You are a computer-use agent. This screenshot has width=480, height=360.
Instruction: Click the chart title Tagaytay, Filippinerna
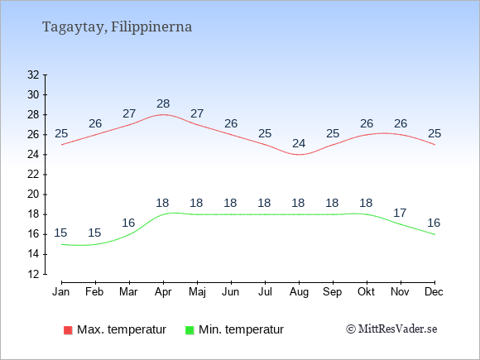(x=117, y=27)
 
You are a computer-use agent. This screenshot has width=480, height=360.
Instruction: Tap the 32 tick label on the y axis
(x=33, y=74)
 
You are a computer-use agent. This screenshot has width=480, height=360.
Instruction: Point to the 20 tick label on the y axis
(x=33, y=194)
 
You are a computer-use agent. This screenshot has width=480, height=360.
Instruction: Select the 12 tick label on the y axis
(x=33, y=274)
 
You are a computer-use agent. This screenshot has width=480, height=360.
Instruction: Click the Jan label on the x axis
(x=61, y=292)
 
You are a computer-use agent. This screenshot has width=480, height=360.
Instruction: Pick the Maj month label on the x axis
(x=197, y=292)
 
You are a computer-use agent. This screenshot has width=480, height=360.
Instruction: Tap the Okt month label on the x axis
(x=366, y=292)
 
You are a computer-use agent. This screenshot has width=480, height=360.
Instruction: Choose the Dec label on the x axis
(x=434, y=292)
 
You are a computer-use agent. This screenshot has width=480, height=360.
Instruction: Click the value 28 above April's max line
(x=163, y=103)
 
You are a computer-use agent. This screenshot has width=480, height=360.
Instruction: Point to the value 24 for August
(x=299, y=143)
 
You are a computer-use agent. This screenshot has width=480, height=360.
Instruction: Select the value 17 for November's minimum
(x=400, y=213)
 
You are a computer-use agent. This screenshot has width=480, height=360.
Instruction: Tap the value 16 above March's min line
(x=128, y=223)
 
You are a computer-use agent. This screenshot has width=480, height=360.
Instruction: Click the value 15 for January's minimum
(x=60, y=233)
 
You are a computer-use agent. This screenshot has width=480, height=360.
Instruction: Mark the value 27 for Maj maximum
(x=197, y=114)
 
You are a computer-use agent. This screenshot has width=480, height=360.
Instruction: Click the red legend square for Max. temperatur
(x=68, y=330)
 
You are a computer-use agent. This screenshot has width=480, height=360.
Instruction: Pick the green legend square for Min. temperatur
(x=190, y=330)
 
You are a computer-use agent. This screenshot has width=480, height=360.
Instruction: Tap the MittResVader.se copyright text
(x=391, y=329)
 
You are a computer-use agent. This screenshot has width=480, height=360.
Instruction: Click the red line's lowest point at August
(x=299, y=155)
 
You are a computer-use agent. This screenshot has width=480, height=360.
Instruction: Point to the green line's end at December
(x=434, y=234)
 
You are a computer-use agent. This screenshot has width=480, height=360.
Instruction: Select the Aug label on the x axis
(x=299, y=292)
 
